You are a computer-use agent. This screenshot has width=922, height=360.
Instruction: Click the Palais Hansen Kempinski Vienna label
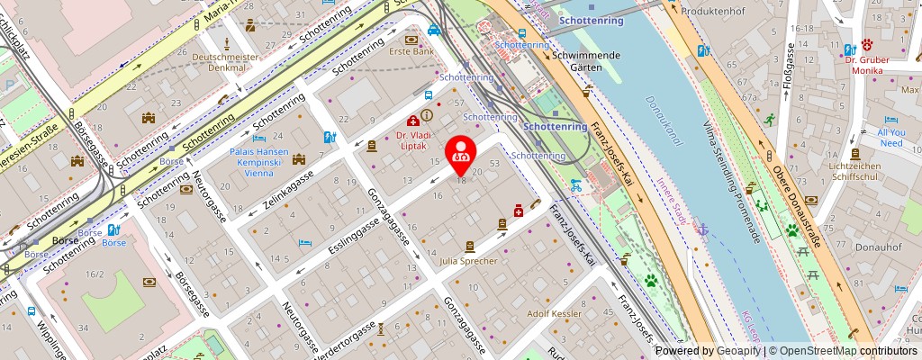(x=259, y=164)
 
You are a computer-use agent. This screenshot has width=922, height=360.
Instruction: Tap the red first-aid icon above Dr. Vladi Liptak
(x=412, y=120)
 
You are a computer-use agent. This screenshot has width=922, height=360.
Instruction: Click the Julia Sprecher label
(x=468, y=261)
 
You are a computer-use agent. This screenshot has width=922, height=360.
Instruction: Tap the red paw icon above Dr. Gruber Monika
(x=866, y=44)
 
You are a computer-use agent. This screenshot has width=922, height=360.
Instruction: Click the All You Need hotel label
(x=890, y=138)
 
